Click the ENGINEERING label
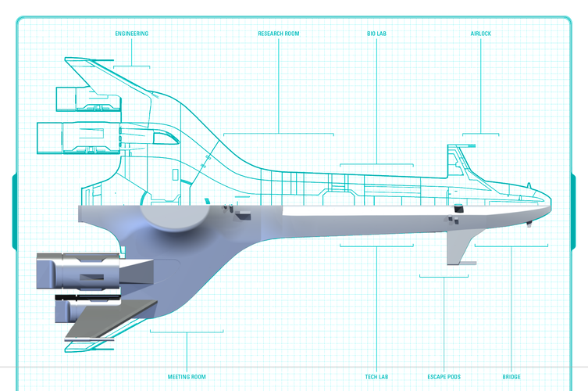(x=132, y=34)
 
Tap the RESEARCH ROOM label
(x=279, y=34)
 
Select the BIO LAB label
(x=376, y=34)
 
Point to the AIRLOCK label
(x=481, y=34)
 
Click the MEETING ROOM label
(x=187, y=377)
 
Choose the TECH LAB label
(x=376, y=377)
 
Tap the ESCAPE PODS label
(x=444, y=377)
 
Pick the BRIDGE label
(x=511, y=377)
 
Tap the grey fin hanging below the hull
(x=458, y=246)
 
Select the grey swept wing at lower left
(x=111, y=318)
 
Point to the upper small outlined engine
(x=88, y=99)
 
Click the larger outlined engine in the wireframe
(x=79, y=138)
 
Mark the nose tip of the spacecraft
(x=551, y=202)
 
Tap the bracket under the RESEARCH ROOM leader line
(x=279, y=134)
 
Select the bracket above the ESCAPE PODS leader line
(x=444, y=277)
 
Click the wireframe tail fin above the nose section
(x=461, y=162)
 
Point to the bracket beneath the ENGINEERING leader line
(x=132, y=66)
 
